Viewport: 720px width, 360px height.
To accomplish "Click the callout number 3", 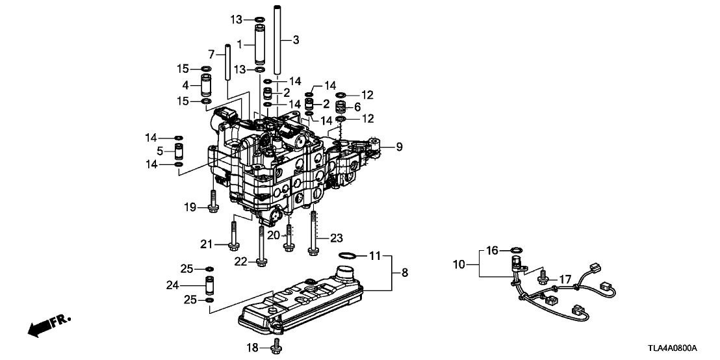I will (x=296, y=40).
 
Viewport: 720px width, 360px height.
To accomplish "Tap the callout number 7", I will (x=211, y=53).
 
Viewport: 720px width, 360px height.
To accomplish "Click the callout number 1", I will (x=240, y=45).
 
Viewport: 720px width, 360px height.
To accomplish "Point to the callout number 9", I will (x=399, y=147).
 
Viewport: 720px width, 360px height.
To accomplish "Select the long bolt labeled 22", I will (x=261, y=248).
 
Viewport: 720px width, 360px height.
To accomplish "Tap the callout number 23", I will (x=336, y=238).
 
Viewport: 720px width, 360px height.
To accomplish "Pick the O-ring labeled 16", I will (x=515, y=250).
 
